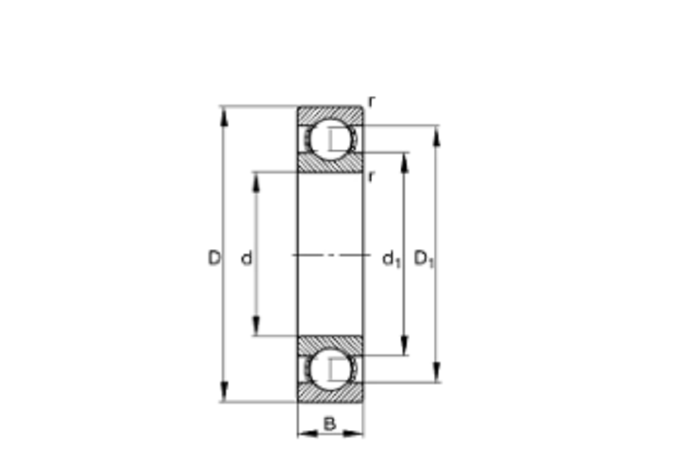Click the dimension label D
(x=214, y=258)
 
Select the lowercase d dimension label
(x=247, y=259)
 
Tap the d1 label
(x=391, y=260)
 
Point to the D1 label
(x=424, y=259)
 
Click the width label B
(x=330, y=423)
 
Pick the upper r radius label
(x=371, y=102)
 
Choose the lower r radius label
(x=371, y=177)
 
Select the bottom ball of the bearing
(x=331, y=369)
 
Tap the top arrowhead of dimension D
(x=224, y=116)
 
